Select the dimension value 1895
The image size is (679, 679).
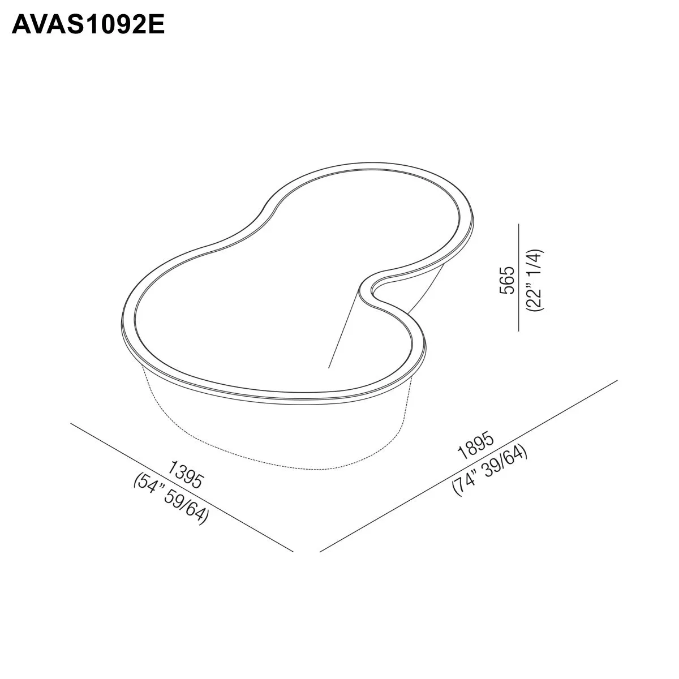(x=476, y=445)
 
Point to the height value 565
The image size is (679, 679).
(x=508, y=280)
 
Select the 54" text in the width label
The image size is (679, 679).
(x=149, y=488)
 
